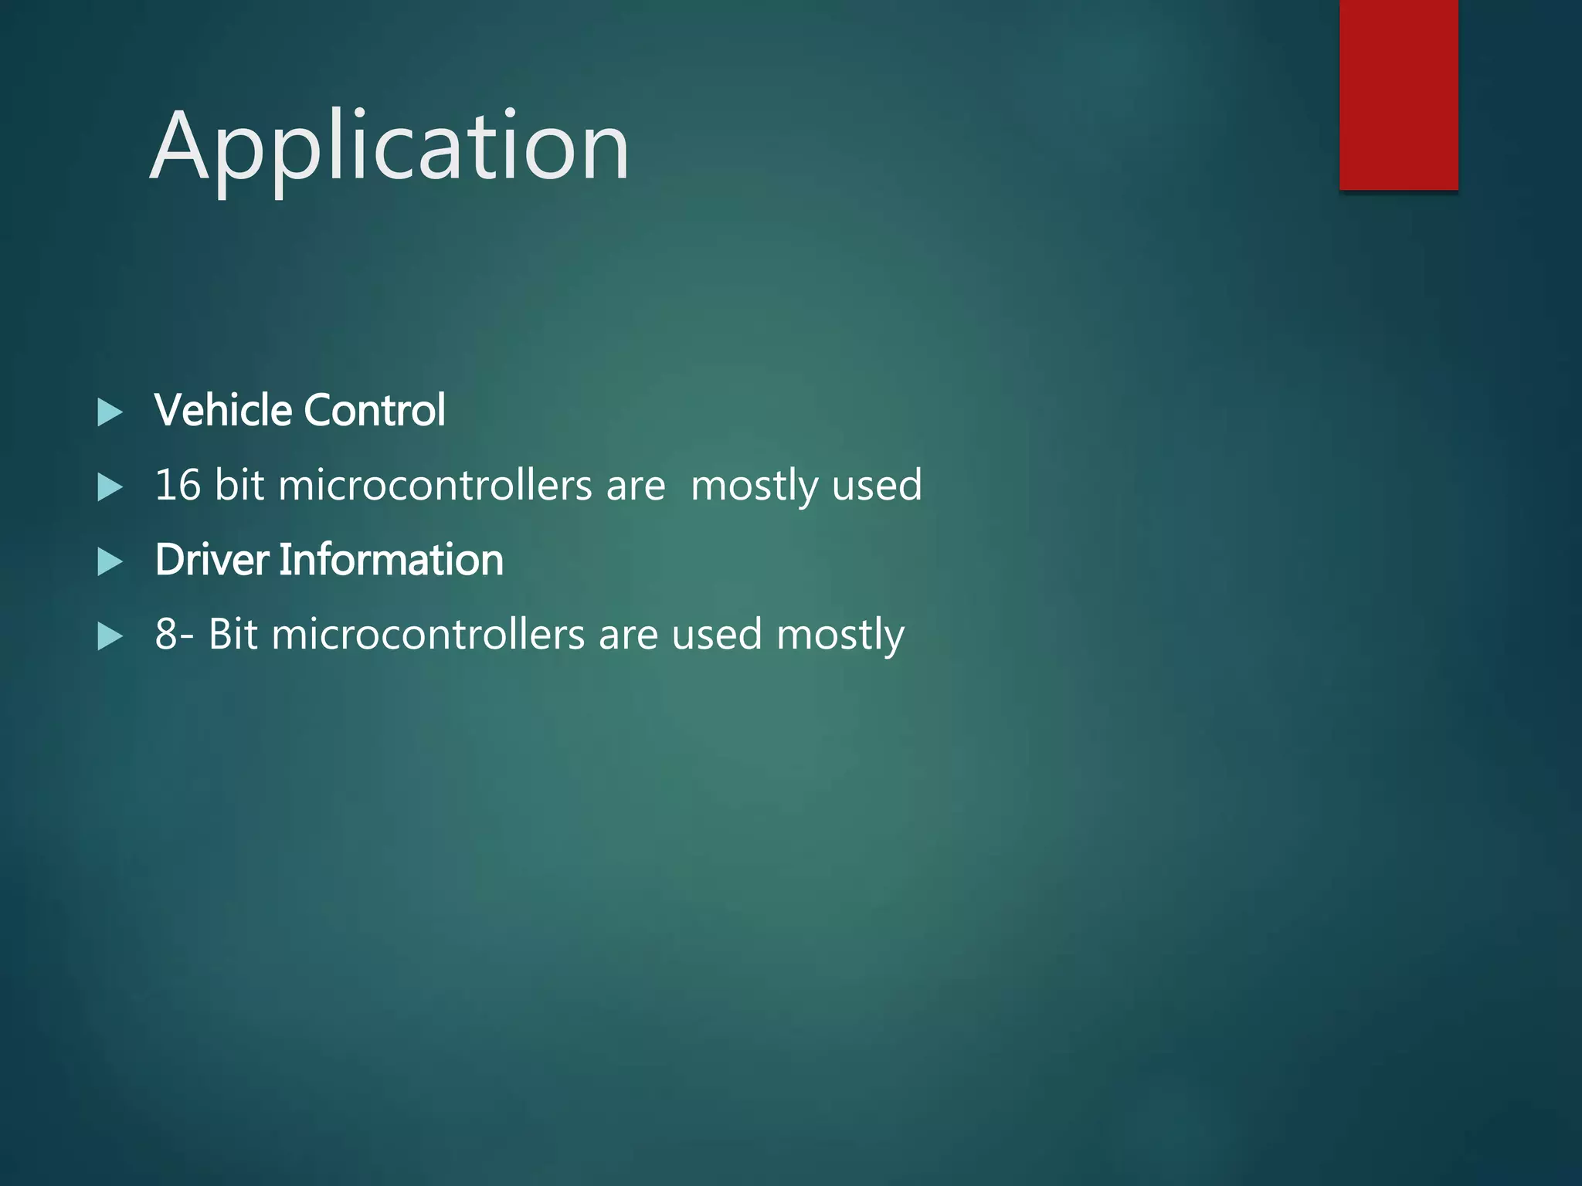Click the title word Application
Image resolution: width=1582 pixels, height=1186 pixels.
tap(389, 147)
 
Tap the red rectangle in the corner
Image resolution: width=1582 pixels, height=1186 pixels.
tap(1398, 94)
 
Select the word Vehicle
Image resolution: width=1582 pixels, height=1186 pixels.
tap(223, 409)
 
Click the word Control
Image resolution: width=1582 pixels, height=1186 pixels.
tap(375, 409)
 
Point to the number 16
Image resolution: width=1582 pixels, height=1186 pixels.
tap(178, 485)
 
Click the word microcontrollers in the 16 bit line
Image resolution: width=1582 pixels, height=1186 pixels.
tap(435, 485)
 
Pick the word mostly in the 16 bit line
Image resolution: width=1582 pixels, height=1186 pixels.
tap(754, 486)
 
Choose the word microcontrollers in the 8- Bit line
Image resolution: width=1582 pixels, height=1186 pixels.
tap(428, 634)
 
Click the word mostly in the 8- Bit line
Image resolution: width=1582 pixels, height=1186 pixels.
tap(840, 635)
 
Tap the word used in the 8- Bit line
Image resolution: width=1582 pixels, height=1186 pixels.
tap(717, 634)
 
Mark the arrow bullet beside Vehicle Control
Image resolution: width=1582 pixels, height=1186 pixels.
tap(110, 412)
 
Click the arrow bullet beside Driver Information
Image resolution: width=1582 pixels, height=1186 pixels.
tap(110, 562)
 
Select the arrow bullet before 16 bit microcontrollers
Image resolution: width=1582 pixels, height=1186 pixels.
tap(110, 487)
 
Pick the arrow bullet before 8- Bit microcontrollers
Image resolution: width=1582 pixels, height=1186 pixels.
tap(110, 637)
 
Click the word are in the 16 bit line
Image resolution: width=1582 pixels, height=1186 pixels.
tap(636, 486)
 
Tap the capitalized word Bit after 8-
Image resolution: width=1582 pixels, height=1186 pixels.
tap(233, 634)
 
